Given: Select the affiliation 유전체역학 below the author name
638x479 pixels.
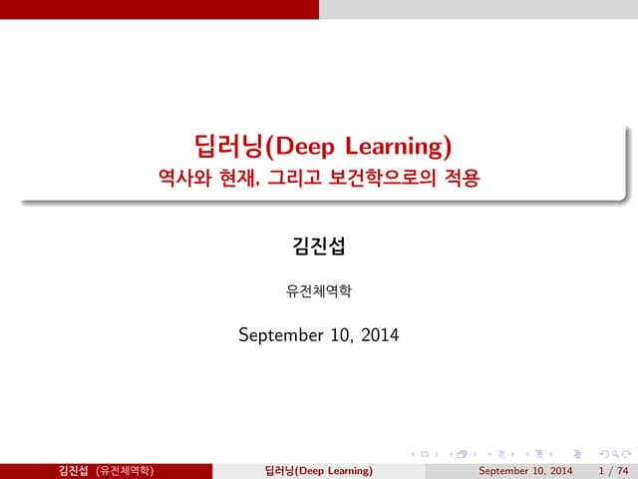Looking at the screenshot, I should (x=318, y=292).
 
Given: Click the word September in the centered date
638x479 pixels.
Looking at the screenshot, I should (x=280, y=335).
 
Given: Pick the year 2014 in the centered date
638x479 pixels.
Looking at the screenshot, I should (x=379, y=335).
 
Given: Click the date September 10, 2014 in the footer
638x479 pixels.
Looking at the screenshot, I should (x=525, y=470).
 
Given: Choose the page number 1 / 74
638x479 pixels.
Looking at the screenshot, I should (x=612, y=470).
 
